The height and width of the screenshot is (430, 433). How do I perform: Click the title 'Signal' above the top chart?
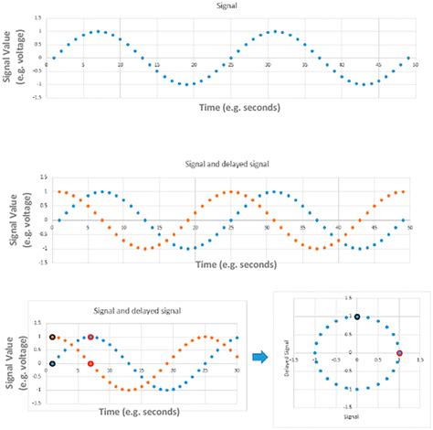234,6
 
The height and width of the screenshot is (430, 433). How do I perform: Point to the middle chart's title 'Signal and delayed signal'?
233,166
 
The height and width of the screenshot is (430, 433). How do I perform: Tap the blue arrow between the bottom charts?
260,356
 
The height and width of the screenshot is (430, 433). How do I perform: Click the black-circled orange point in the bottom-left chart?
53,337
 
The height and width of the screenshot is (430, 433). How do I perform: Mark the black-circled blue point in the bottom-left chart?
53,363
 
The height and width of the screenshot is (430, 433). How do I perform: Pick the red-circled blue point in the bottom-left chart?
90,338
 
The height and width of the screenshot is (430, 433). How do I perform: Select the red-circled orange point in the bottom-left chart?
90,363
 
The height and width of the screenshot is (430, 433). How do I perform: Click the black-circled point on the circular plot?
357,317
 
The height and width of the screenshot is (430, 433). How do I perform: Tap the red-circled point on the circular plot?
399,353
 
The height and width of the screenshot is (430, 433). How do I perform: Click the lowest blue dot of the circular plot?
357,389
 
